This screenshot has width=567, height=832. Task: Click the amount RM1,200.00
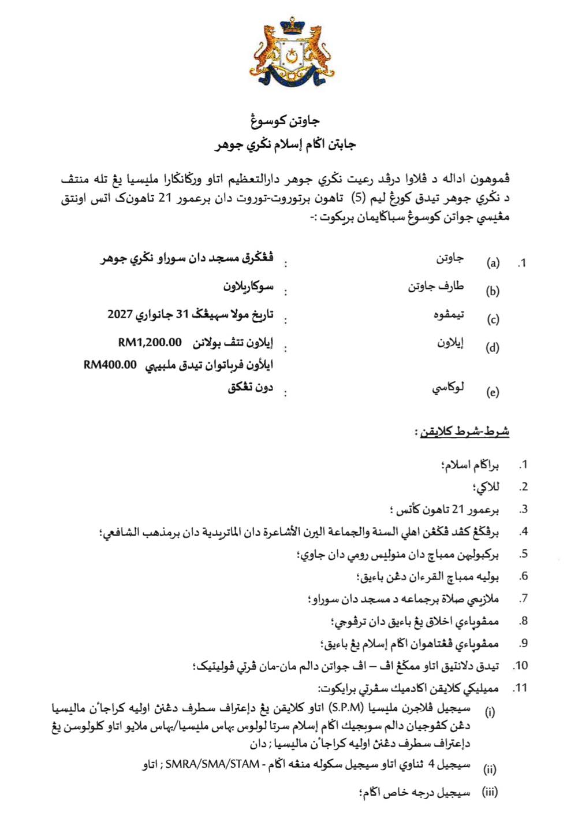(150, 343)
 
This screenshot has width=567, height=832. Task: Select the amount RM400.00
(110, 365)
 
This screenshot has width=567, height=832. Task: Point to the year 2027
(120, 314)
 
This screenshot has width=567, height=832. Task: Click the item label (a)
(493, 263)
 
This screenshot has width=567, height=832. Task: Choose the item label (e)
(493, 392)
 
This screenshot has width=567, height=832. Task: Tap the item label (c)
(493, 320)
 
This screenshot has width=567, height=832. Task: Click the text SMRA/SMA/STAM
(212, 766)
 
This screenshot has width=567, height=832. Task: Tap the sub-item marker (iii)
(490, 792)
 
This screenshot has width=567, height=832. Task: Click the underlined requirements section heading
(462, 432)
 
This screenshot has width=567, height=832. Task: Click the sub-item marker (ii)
(490, 769)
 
